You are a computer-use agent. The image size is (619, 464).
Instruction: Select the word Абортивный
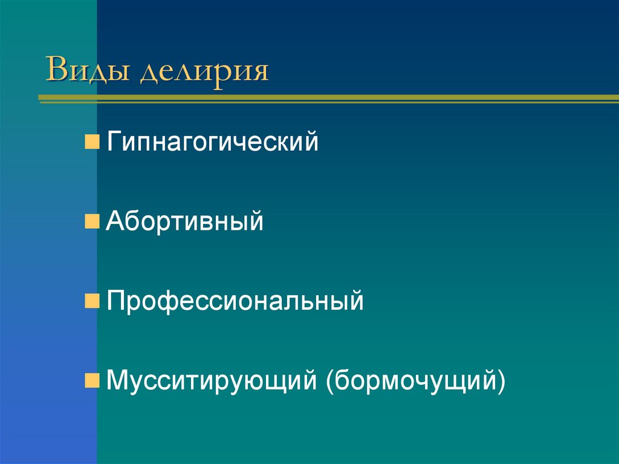[184, 222]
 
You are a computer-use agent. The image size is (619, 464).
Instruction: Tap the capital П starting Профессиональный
[115, 301]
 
